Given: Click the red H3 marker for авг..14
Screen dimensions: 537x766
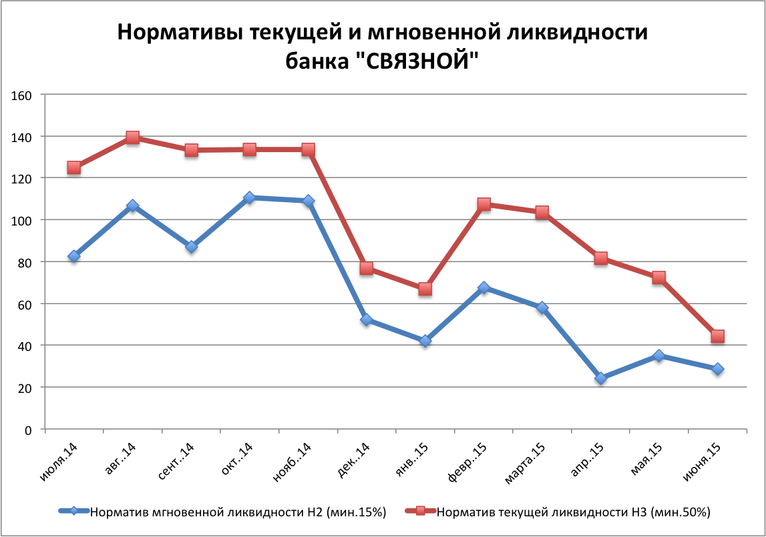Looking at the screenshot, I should click(x=132, y=137).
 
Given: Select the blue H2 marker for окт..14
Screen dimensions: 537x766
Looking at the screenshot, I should click(x=249, y=197).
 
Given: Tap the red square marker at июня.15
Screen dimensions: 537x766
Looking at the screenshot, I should click(x=718, y=336).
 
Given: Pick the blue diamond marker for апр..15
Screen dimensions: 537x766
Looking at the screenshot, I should click(x=601, y=378).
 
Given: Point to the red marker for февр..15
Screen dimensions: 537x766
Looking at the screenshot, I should click(x=484, y=204).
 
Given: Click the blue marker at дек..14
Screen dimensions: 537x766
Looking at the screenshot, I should click(x=367, y=320).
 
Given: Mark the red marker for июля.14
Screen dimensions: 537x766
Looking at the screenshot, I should click(x=73, y=167).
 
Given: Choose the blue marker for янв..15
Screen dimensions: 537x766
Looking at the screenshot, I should click(x=425, y=341).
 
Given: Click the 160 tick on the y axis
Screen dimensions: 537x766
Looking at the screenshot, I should click(x=23, y=95).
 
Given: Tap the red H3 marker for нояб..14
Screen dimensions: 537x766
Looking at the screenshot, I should click(x=308, y=149).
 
